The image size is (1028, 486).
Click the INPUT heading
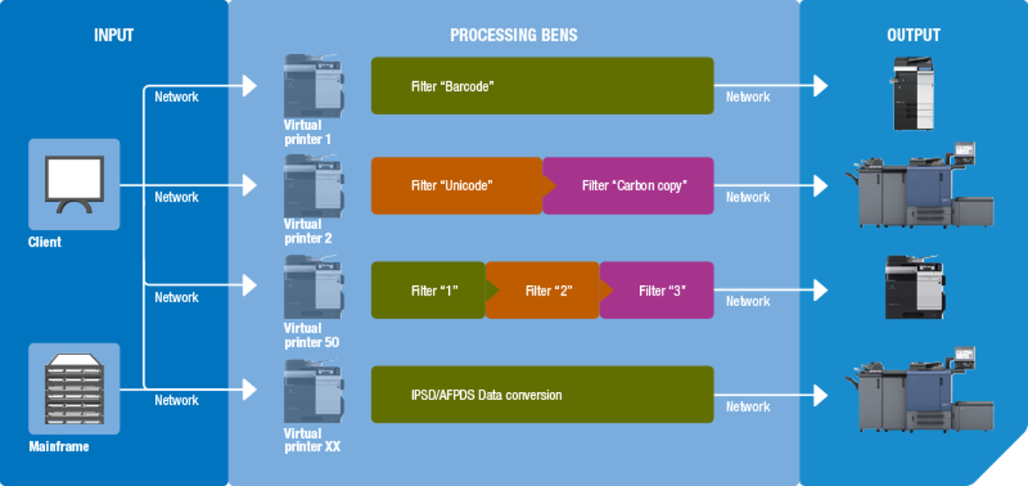(x=113, y=35)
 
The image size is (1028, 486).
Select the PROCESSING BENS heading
(x=513, y=35)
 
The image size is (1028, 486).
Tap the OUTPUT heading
(x=913, y=35)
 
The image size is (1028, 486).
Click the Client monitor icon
(x=74, y=184)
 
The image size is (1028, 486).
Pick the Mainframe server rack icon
(x=74, y=389)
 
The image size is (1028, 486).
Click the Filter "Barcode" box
(x=542, y=86)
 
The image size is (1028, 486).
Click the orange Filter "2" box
(x=546, y=290)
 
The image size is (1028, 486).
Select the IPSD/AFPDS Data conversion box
(x=542, y=394)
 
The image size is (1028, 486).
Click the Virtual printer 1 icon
(x=313, y=86)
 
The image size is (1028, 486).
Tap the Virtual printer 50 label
(x=312, y=336)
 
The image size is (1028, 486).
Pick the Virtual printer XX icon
(x=313, y=392)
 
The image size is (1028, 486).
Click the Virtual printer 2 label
(x=308, y=231)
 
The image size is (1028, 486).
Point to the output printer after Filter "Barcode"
(x=913, y=93)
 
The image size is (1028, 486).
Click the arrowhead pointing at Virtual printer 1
(x=250, y=86)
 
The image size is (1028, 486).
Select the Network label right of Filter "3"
(x=748, y=301)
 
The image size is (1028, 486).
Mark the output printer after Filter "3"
(x=913, y=288)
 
